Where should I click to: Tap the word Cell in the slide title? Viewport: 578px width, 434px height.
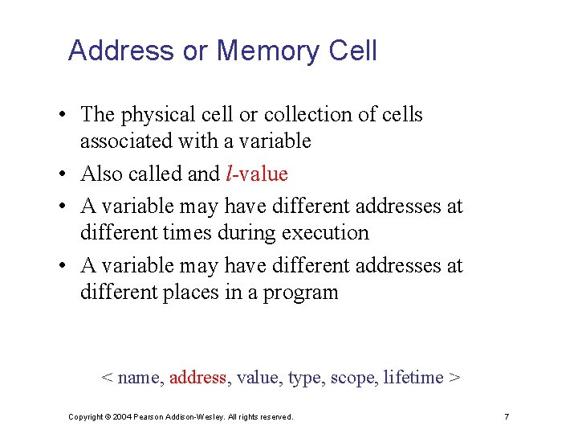[352, 51]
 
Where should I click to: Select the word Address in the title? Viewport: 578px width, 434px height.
[120, 51]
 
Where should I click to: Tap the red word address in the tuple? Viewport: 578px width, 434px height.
[197, 378]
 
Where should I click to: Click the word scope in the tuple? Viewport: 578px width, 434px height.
[352, 378]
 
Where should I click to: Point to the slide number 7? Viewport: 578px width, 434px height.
[507, 417]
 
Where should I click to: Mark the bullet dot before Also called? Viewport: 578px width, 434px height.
[62, 174]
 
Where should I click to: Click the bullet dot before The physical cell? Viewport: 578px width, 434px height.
[62, 116]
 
